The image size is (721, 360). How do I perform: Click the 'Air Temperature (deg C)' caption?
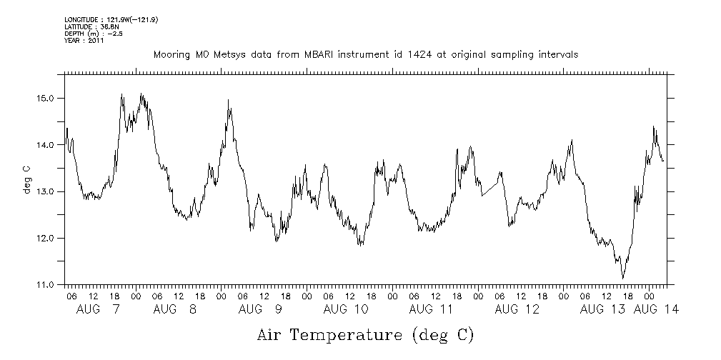point(365,334)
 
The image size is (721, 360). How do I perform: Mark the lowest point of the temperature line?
point(623,278)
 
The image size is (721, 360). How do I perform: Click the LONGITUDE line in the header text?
point(111,19)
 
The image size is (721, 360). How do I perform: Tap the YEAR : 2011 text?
point(84,40)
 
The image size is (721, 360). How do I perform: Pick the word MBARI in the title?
point(315,54)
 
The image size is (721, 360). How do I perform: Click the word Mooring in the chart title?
point(171,55)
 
